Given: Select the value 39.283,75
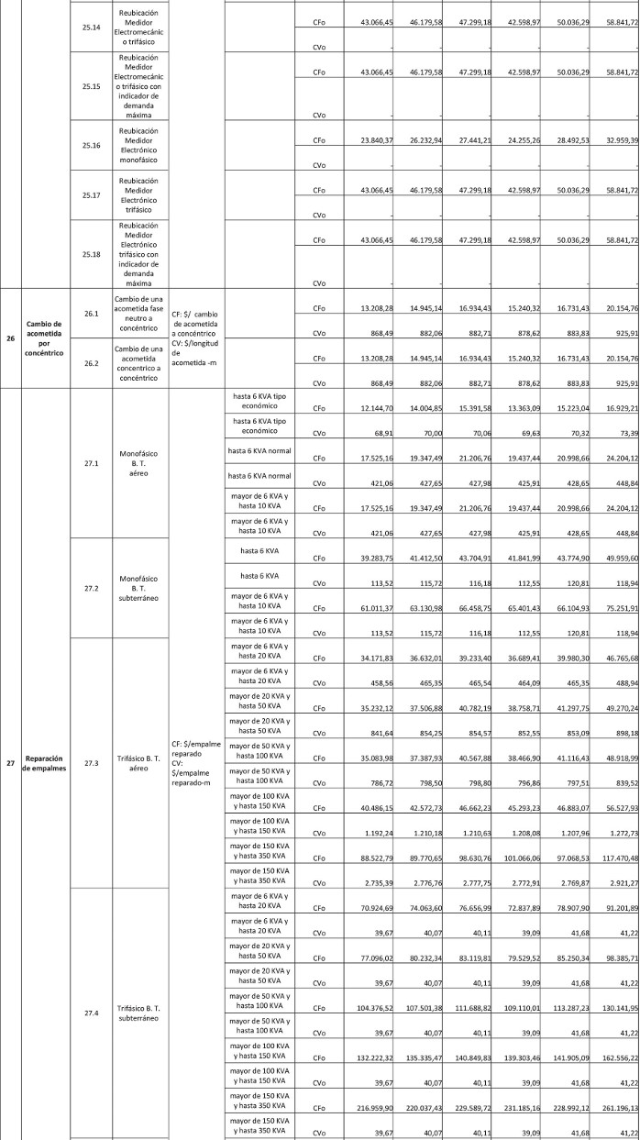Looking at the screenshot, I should (378, 546).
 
